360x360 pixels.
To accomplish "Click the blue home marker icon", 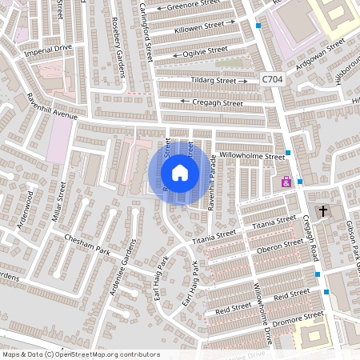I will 180,172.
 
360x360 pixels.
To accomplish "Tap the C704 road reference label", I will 271,79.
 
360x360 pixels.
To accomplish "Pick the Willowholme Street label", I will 252,156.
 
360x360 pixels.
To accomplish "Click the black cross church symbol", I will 323,211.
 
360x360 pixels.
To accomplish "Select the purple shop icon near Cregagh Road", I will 286,182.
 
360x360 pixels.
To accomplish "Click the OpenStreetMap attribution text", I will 81,354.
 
